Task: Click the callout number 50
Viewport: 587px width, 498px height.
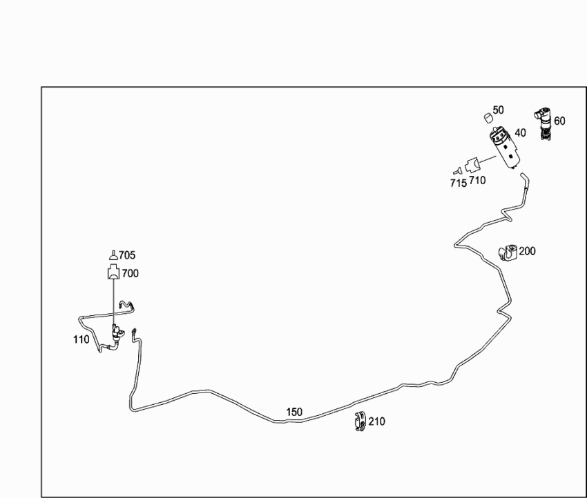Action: coord(499,110)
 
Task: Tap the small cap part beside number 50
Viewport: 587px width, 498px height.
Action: coord(488,118)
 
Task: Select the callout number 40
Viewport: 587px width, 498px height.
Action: coord(521,132)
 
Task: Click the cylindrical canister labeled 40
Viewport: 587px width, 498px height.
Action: coord(504,148)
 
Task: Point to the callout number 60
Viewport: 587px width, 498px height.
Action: coord(559,121)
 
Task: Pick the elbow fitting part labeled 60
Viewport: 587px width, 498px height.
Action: coord(543,123)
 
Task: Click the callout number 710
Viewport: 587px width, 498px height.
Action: coord(477,181)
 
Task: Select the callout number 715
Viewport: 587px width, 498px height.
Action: coord(459,183)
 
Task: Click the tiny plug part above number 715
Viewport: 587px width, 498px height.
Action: coord(457,171)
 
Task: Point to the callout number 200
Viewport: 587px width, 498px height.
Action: coord(527,251)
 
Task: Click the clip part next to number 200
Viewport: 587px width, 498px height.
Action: coord(508,252)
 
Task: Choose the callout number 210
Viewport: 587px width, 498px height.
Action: coord(376,421)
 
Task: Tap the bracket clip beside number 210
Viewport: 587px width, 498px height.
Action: coord(360,421)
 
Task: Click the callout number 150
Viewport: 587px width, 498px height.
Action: coord(294,412)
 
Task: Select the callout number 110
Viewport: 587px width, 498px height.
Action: coord(81,339)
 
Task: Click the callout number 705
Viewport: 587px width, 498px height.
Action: coord(127,255)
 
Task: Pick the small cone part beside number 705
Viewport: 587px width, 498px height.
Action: coord(113,255)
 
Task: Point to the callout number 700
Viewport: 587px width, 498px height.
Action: coord(131,274)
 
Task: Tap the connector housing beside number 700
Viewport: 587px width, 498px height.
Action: coord(113,272)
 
